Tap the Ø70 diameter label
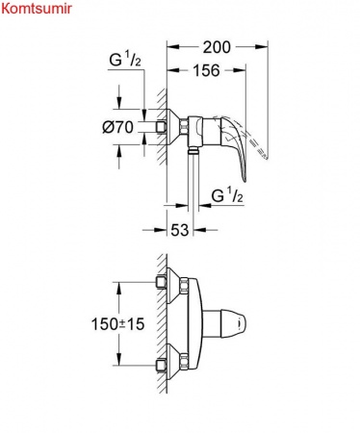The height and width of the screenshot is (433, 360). tap(116, 126)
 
